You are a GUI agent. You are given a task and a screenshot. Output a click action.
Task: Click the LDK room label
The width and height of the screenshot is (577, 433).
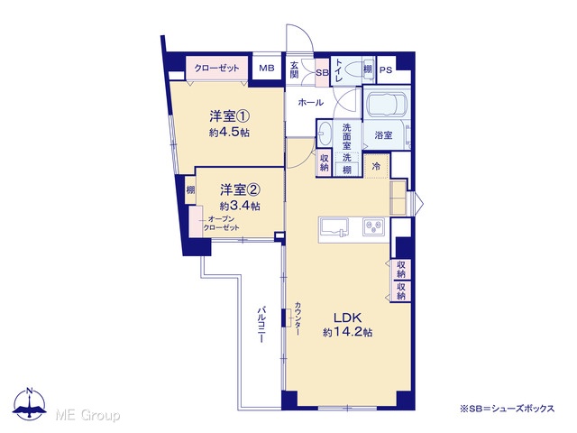[347, 318]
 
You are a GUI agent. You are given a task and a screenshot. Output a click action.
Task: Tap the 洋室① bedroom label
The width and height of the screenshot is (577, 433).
[230, 116]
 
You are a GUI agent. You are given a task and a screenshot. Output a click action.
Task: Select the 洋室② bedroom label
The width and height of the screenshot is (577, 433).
[241, 190]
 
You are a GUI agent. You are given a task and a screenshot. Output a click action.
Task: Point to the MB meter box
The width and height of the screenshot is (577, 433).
[267, 69]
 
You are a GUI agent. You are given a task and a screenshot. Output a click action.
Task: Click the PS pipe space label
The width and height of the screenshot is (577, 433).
[386, 69]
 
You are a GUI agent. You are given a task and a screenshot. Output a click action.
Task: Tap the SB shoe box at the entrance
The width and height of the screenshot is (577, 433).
[323, 72]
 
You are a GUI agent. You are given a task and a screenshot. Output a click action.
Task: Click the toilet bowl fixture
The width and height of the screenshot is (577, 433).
[354, 70]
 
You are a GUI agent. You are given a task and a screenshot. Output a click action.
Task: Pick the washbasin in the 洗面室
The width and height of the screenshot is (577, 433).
[325, 133]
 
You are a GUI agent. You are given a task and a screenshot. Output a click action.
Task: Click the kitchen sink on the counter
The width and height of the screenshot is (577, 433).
[334, 227]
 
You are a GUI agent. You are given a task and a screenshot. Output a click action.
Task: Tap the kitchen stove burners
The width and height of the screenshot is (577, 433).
[373, 226]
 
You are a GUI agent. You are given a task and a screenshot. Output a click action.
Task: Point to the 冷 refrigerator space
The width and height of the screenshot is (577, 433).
[377, 166]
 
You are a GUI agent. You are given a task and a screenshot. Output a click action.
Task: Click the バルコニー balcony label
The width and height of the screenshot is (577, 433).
[261, 324]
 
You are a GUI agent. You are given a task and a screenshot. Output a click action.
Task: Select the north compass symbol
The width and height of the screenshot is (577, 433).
[30, 403]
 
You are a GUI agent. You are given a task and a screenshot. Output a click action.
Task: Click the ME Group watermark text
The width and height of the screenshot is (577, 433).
[87, 416]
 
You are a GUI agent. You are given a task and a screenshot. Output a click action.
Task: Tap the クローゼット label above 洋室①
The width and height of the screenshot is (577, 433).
[216, 68]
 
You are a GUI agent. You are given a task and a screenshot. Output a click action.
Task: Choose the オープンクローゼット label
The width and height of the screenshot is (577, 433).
[221, 224]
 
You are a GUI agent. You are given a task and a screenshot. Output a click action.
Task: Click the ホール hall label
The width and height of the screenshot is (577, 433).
[310, 102]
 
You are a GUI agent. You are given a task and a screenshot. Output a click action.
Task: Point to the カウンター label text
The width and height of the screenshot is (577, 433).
[298, 318]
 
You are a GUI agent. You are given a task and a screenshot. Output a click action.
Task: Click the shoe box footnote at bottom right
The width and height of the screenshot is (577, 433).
[507, 409]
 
